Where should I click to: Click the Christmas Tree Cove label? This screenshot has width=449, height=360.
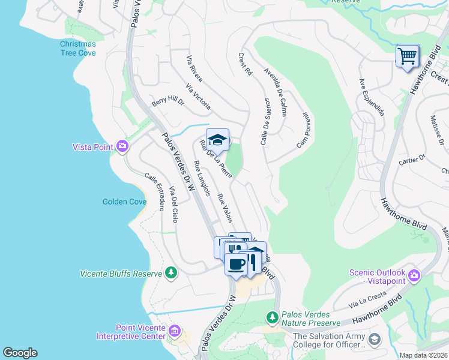pos(77,48)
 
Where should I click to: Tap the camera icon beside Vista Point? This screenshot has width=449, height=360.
pos(122,146)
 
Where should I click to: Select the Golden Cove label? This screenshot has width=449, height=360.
pos(124,202)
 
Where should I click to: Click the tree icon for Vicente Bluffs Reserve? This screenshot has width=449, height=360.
pos(172,274)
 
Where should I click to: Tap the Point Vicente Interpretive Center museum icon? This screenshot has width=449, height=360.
pos(175,331)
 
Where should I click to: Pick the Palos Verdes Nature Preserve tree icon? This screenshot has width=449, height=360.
pos(272,316)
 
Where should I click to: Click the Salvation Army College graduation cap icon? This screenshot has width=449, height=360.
pos(375,340)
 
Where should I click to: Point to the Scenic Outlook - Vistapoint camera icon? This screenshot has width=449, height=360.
pos(414,276)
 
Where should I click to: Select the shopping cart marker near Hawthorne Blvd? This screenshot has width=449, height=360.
pos(408,56)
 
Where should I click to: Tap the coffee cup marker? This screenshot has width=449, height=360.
pos(236,263)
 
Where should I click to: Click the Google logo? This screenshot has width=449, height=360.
pos(20,353)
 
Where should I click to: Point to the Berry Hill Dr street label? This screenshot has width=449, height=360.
pos(167,103)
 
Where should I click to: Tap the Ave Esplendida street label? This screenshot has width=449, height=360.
pos(371,97)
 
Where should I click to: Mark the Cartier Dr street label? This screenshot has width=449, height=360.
pos(412,159)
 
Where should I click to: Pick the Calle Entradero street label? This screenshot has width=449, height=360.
pos(154,192)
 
